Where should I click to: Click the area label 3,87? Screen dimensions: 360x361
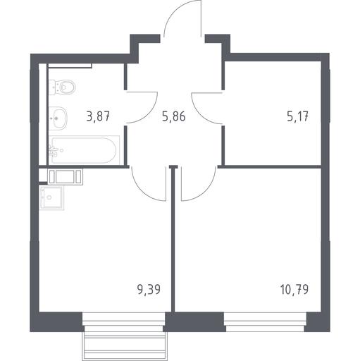point(98,116)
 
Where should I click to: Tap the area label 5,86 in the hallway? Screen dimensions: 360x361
point(174,116)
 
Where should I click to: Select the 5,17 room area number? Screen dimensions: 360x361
point(298,116)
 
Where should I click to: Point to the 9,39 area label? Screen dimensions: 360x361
point(149,289)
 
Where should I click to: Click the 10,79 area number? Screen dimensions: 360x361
point(294,289)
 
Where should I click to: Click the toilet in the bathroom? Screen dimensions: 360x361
point(62,87)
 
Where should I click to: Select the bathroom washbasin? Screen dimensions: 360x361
point(58,118)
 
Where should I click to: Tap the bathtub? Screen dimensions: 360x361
point(84,150)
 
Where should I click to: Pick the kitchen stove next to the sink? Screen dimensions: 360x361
point(65,177)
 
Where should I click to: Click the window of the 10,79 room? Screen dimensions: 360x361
point(266,322)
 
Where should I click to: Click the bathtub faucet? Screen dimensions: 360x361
point(54,152)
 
